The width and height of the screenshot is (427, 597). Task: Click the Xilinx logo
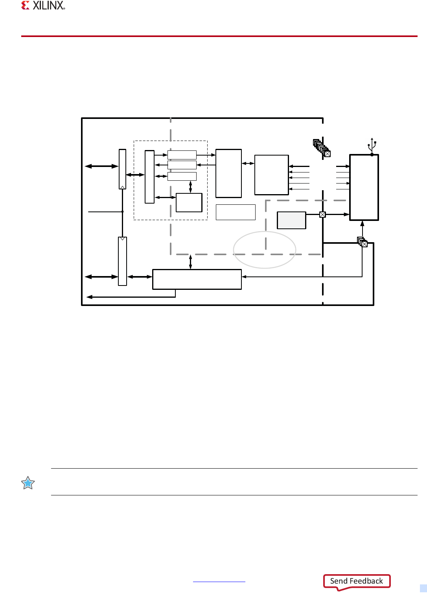[x=43, y=6]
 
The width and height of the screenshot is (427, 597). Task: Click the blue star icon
[x=28, y=483]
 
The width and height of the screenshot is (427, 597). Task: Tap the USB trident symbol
[x=372, y=146]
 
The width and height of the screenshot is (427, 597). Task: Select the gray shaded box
[x=291, y=220]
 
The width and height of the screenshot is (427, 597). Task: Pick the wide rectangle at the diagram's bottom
[x=197, y=279]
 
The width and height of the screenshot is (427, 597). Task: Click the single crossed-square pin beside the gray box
[x=322, y=215]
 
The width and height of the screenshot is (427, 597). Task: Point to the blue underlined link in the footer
[x=219, y=581]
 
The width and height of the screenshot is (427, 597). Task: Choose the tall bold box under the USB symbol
[x=364, y=187]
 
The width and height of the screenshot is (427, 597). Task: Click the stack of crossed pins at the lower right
[x=363, y=242]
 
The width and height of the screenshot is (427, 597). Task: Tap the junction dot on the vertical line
[x=122, y=211]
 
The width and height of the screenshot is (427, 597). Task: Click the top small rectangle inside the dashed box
[x=182, y=155]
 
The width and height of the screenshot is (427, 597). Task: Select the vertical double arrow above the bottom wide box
[x=190, y=262]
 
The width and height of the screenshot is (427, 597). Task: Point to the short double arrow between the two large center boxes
[x=248, y=163]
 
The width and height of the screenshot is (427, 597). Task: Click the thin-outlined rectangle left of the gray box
[x=236, y=212]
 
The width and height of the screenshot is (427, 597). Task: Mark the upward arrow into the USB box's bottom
[x=362, y=229]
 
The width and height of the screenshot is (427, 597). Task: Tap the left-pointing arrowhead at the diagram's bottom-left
[x=89, y=297]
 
